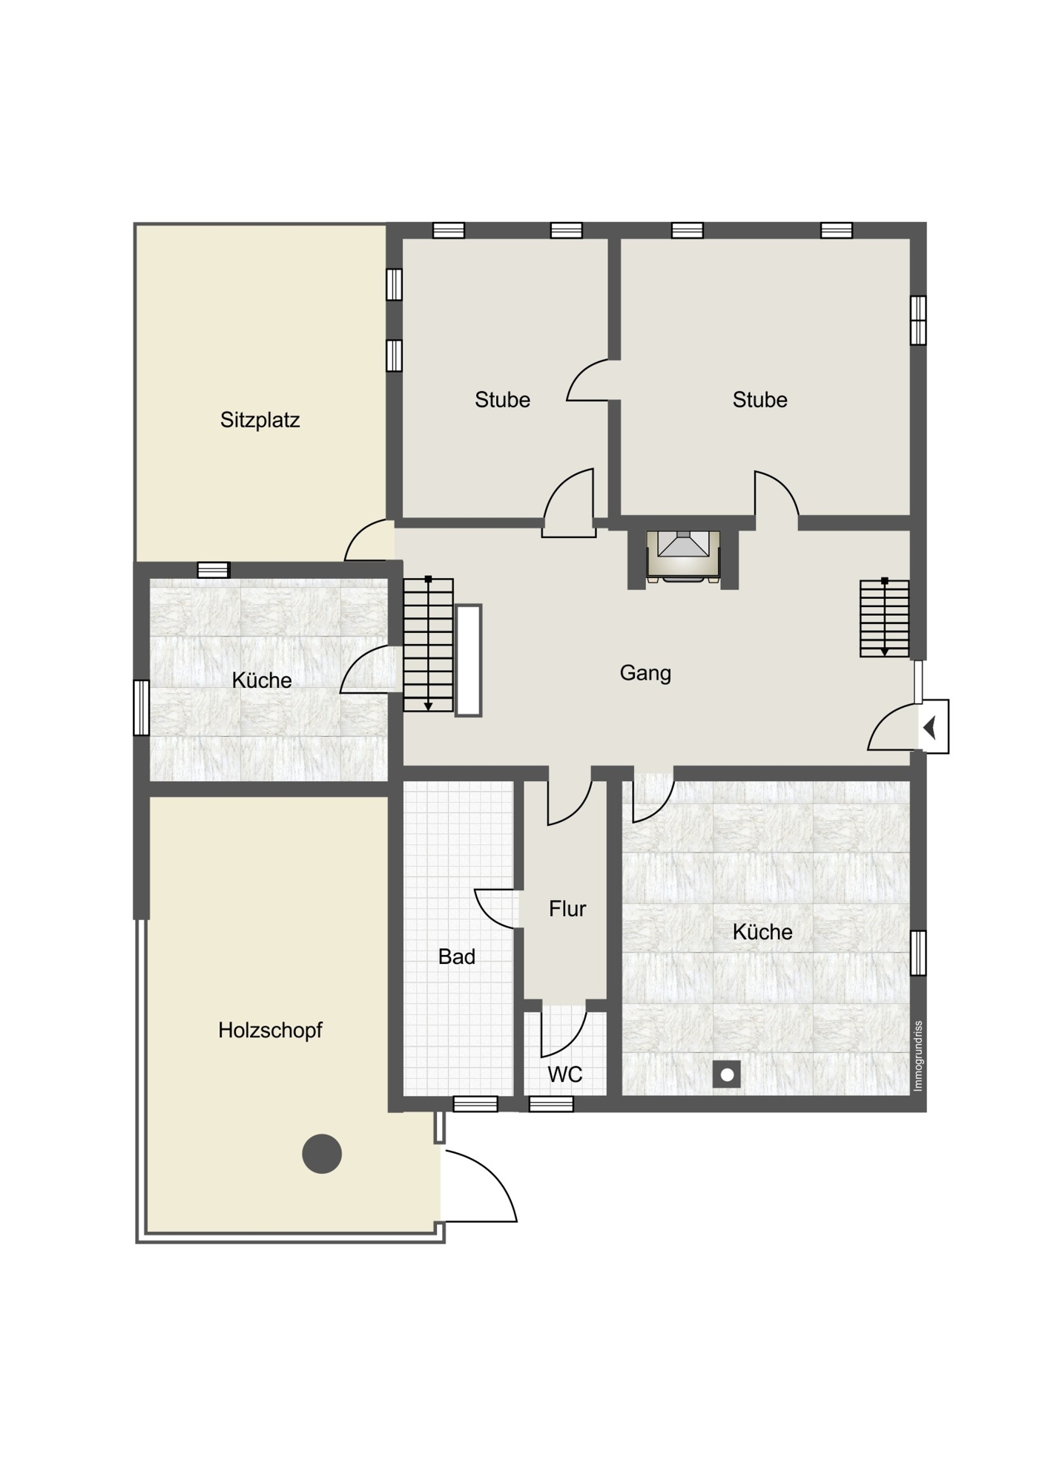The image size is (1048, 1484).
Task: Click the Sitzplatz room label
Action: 260,420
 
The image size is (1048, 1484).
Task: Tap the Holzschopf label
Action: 270,1030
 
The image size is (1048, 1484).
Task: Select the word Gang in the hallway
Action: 645,673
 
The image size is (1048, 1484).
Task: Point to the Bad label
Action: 457,956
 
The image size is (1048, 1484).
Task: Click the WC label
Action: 565,1074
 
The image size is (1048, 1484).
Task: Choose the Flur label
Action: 567,908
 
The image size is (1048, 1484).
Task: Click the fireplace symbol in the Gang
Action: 683,556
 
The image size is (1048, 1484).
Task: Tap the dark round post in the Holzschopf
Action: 322,1154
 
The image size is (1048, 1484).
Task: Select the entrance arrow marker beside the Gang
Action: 932,727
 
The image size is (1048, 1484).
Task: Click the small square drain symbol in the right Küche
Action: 727,1074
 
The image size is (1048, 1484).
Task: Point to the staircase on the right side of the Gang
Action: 885,618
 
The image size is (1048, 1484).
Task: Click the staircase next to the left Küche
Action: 428,644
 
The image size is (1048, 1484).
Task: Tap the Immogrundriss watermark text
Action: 917,1056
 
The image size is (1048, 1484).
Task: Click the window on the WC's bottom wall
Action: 551,1105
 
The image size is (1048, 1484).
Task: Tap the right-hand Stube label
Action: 759,400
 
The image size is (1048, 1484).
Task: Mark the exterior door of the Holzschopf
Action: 479,1186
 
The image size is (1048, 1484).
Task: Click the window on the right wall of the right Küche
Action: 918,953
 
